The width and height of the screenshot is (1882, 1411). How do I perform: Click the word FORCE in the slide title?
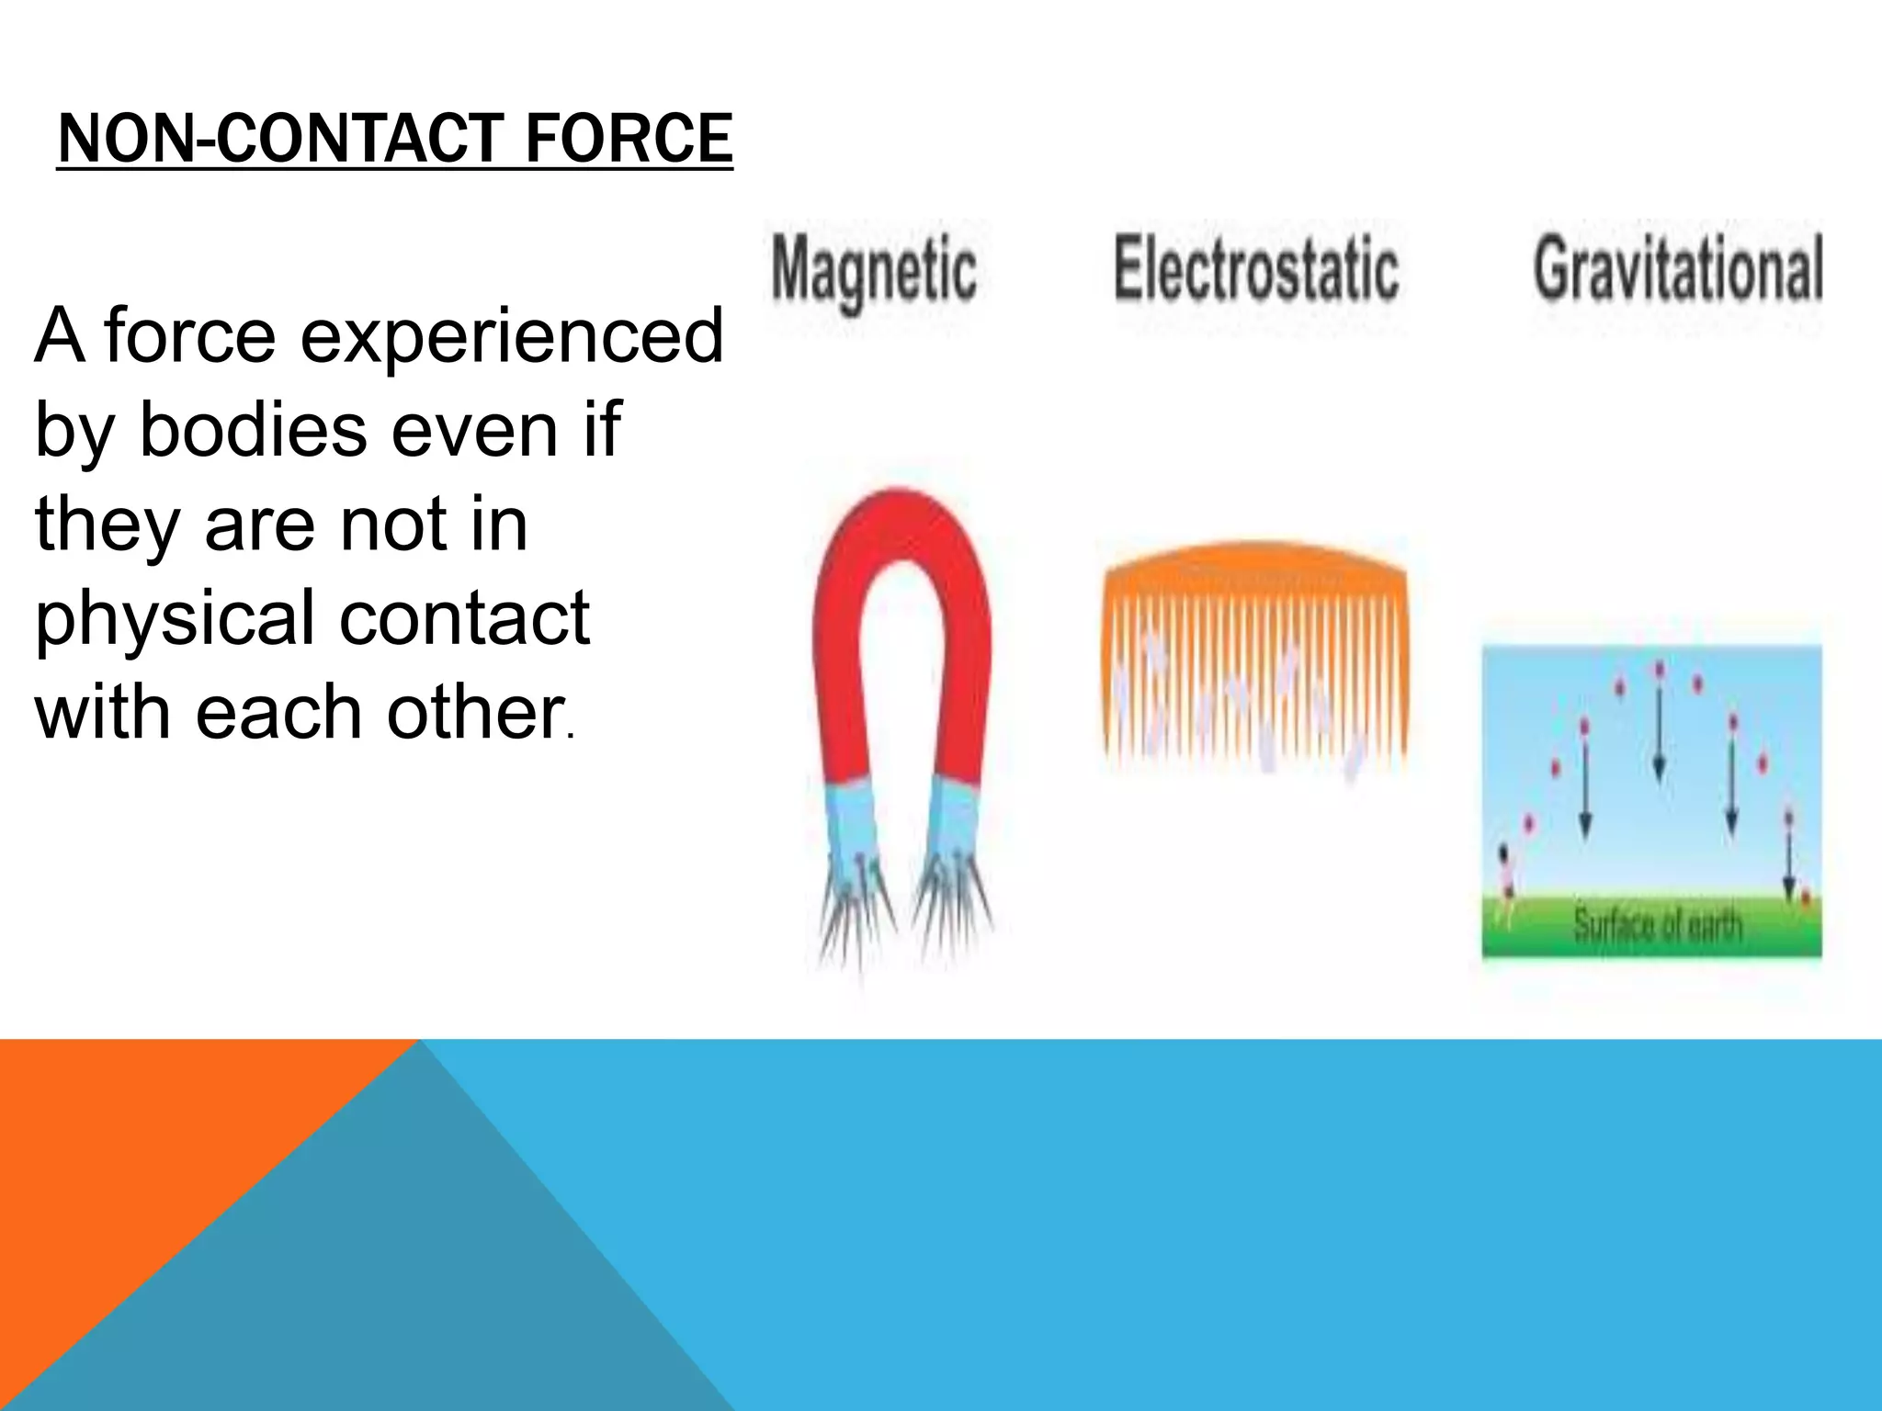[629, 140]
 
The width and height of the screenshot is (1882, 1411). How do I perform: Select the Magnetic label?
[874, 270]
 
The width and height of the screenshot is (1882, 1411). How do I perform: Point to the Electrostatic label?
[1256, 268]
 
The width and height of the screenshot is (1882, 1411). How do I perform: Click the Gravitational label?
[1678, 268]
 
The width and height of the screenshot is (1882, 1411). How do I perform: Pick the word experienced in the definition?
[512, 336]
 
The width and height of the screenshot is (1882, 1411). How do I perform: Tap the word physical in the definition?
[175, 617]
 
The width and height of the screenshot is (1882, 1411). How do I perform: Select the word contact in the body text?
[464, 617]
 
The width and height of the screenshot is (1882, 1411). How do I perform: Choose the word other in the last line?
[474, 712]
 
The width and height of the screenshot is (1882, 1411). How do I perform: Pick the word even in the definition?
[474, 430]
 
